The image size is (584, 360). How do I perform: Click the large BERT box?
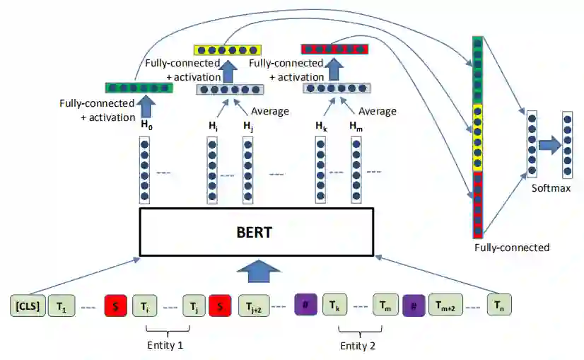(257, 232)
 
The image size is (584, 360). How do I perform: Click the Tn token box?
(499, 306)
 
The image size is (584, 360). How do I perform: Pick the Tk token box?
(335, 306)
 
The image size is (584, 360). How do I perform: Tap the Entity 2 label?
(359, 345)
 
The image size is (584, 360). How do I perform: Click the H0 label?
(146, 125)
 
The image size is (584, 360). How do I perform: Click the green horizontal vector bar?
(139, 88)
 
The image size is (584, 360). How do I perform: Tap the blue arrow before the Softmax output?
(549, 146)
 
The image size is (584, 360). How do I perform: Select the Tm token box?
(386, 306)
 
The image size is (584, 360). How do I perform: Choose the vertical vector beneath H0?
(145, 168)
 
